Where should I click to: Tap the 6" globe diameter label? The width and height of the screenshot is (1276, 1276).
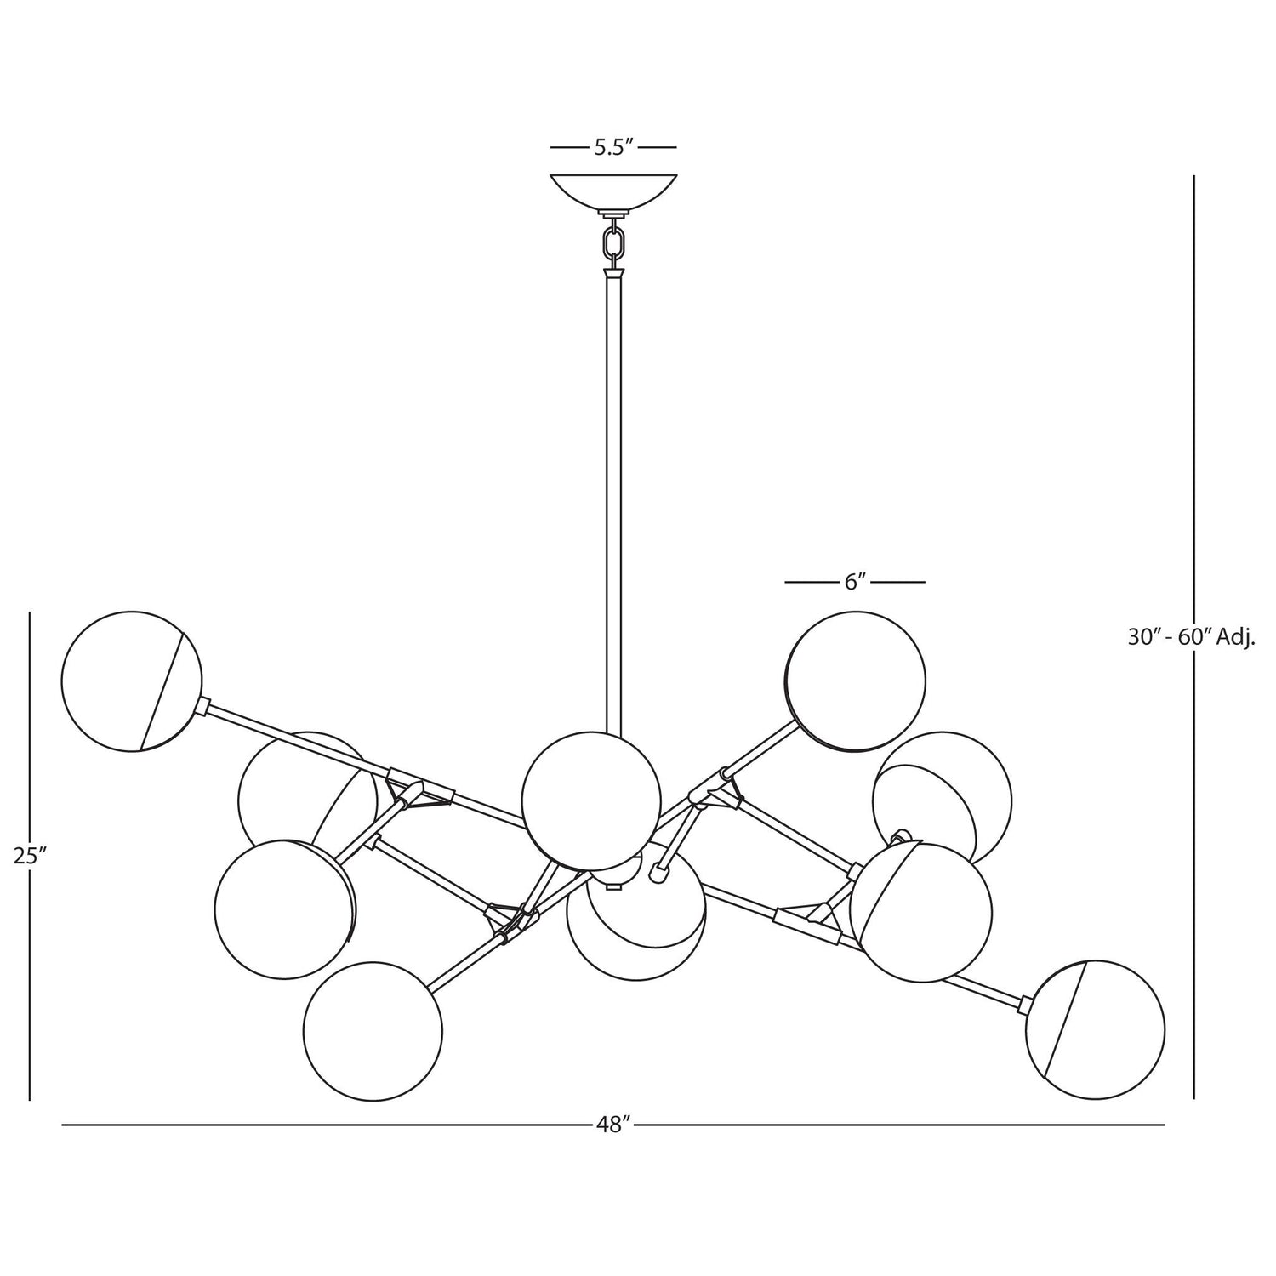click(855, 582)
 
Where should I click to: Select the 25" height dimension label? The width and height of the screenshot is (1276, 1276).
click(29, 856)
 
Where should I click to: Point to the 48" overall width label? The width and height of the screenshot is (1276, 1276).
click(613, 1125)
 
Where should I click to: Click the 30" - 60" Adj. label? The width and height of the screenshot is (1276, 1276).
click(1192, 636)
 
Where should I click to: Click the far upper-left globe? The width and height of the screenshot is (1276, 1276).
click(132, 681)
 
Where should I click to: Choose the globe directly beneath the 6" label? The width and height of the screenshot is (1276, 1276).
click(855, 681)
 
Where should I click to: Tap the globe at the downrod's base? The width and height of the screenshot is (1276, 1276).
click(591, 800)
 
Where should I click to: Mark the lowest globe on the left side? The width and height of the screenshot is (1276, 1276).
click(373, 1032)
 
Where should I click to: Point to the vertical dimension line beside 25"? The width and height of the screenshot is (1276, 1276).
click(30, 856)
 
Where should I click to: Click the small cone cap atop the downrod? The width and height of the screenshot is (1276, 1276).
click(613, 276)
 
